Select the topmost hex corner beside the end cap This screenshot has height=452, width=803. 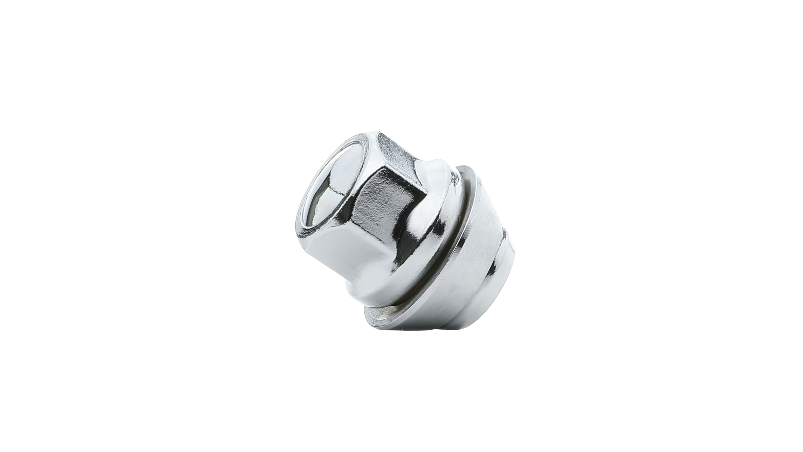point(378,134)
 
